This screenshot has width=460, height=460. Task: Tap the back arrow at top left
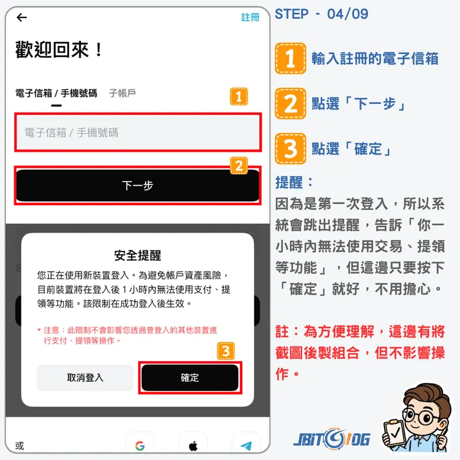[x=22, y=17]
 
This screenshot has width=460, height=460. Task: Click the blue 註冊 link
[x=250, y=17]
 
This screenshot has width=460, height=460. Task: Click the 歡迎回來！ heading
[x=60, y=50]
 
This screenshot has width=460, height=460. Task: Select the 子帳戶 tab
[x=122, y=93]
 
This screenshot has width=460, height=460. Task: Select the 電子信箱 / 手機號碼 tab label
[x=56, y=93]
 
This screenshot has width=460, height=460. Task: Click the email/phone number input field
[x=138, y=132]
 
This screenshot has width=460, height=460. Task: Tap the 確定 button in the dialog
[x=190, y=377]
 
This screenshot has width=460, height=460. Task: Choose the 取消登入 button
[x=85, y=377]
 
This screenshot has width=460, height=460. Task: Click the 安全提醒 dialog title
[x=137, y=255]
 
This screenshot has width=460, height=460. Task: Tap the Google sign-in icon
[x=140, y=446]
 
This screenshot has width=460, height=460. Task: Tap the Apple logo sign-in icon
[x=193, y=446]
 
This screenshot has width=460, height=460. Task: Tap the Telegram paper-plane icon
[x=246, y=446]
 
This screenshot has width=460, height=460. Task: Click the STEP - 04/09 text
[x=321, y=14]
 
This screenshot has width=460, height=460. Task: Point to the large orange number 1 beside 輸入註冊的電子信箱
[x=290, y=58]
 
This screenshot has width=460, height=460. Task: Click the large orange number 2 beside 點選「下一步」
[x=290, y=103]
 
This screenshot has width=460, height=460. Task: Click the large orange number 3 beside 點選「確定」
[x=290, y=148]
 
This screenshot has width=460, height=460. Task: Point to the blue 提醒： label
[x=295, y=183]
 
